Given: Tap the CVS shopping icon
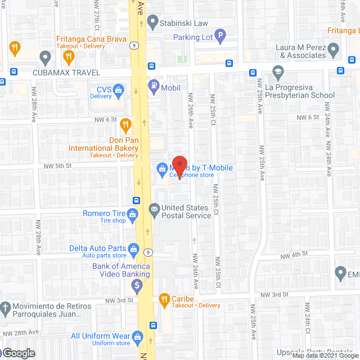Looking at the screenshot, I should click(x=119, y=89).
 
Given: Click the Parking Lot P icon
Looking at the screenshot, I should click(x=220, y=38).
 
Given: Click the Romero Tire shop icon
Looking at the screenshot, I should click(x=133, y=214).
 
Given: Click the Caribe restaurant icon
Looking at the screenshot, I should click(x=164, y=298).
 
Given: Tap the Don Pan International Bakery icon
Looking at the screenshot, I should click(x=126, y=125).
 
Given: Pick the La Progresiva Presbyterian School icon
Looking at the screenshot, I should click(x=277, y=72).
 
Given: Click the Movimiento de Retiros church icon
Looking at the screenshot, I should click(x=4, y=308).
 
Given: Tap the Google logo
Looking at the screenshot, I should click(x=18, y=353).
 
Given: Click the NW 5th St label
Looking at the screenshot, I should click(x=58, y=166).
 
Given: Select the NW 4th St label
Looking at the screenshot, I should click(x=297, y=254).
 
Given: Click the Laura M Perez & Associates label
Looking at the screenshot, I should click(x=303, y=52).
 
